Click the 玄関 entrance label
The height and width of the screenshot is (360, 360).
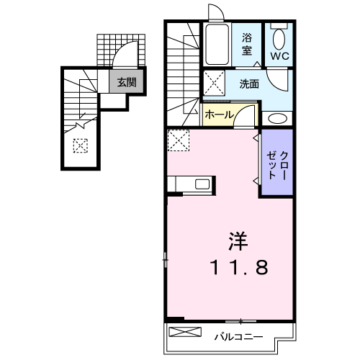tap(127, 82)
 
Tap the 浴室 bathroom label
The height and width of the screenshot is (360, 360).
tap(247, 44)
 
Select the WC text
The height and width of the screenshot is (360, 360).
tap(280, 56)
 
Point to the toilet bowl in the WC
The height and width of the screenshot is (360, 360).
tap(279, 39)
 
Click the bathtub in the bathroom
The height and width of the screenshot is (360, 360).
tap(217, 45)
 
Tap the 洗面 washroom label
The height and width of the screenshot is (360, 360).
tap(249, 84)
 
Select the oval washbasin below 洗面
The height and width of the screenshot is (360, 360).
tap(277, 119)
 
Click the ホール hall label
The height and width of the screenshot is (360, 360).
tap(219, 114)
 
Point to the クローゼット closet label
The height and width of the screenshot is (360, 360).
tap(277, 165)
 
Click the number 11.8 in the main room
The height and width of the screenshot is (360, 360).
tap(239, 268)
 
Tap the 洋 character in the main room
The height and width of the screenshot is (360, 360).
tap(238, 241)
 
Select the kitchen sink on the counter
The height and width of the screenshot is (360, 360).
tap(202, 184)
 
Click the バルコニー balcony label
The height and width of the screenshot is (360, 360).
tap(238, 337)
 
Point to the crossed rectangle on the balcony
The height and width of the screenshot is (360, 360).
tap(185, 332)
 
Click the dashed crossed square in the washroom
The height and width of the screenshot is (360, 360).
tap(214, 83)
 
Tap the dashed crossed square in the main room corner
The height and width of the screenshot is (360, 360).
tap(179, 140)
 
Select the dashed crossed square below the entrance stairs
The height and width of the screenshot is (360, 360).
tap(81, 145)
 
